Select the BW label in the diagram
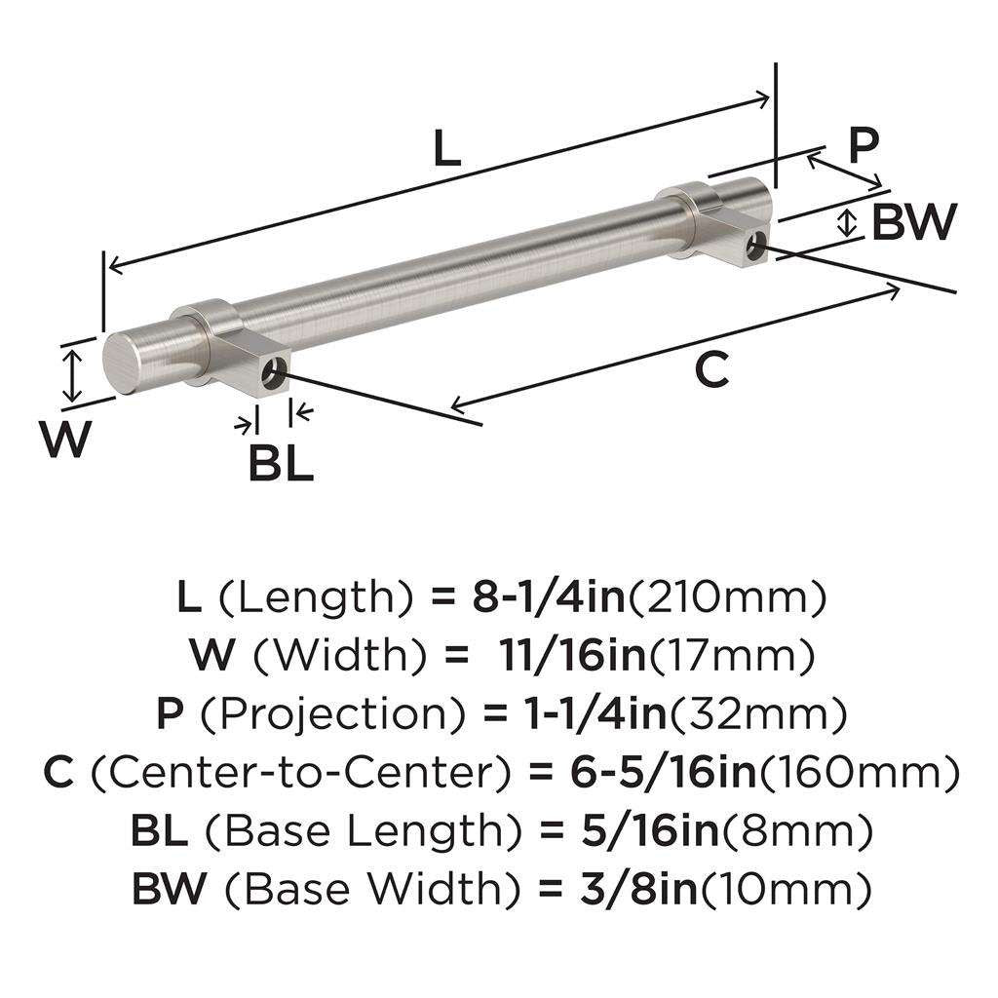tap(913, 222)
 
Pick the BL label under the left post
tap(280, 463)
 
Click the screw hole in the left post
tap(278, 370)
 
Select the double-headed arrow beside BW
tap(848, 223)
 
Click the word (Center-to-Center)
tap(303, 774)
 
